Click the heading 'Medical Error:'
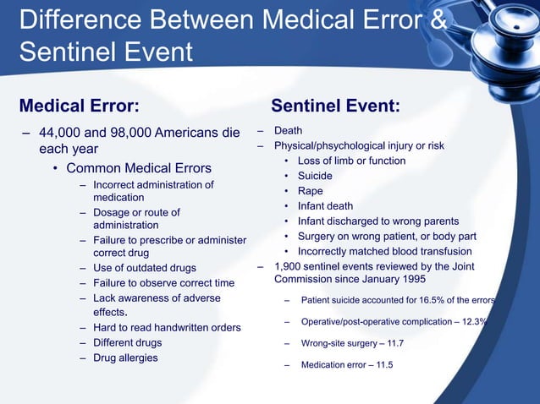point(80,106)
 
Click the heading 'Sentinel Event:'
point(335,106)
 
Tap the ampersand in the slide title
point(438,19)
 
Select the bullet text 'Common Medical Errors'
point(139,167)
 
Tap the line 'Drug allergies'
point(125,358)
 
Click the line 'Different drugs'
point(127,343)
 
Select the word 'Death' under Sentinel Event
point(288,131)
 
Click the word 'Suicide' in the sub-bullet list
point(315,176)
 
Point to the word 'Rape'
point(310,191)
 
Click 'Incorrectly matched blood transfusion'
point(384,252)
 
